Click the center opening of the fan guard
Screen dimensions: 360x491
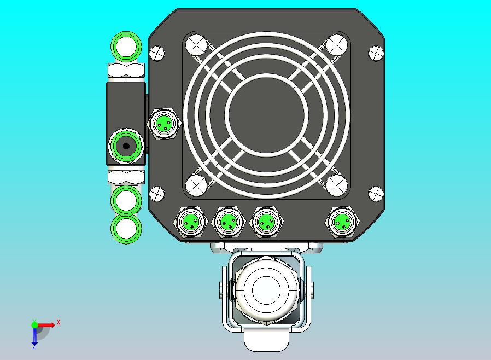tap(266, 113)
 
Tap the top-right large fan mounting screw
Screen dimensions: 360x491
tap(336, 44)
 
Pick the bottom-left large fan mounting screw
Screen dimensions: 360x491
tap(195, 185)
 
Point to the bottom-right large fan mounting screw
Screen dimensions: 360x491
tap(336, 185)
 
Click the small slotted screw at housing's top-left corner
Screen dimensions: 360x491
tap(157, 53)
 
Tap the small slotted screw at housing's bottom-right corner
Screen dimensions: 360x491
tap(376, 193)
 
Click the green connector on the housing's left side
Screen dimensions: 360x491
tap(165, 123)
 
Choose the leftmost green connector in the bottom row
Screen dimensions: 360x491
tap(191, 222)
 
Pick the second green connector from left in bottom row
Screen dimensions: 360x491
tap(227, 222)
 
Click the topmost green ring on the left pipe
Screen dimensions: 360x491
tap(127, 47)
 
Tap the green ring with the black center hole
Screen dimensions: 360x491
tap(127, 146)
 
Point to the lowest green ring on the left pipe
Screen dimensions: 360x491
tap(127, 228)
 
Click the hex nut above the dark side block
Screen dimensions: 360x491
tap(126, 71)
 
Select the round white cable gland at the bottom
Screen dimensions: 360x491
tap(265, 287)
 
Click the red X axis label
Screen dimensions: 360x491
tap(59, 322)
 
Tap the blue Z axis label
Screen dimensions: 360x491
tap(34, 346)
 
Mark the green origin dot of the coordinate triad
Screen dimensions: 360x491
tap(34, 325)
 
